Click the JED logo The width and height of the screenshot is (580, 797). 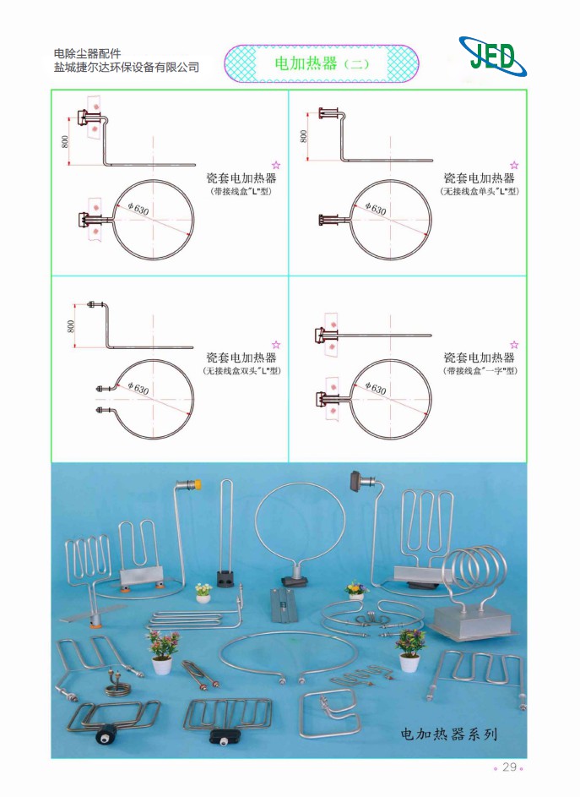492,57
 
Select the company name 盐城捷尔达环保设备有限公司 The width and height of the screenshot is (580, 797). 127,68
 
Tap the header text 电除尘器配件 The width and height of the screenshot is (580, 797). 87,53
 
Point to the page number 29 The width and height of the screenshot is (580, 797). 509,767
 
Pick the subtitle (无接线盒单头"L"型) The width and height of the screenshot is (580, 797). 479,192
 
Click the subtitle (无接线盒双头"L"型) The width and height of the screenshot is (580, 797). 241,371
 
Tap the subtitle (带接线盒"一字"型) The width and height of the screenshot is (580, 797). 480,371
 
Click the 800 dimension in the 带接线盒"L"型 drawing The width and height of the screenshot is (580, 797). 66,141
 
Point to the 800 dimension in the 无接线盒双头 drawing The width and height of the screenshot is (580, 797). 71,325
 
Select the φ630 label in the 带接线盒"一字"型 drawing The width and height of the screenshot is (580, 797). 375,388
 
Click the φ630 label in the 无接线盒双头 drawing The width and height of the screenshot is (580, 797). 137,388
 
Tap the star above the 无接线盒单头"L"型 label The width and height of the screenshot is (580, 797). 513,165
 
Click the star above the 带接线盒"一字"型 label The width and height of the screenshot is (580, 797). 513,345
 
